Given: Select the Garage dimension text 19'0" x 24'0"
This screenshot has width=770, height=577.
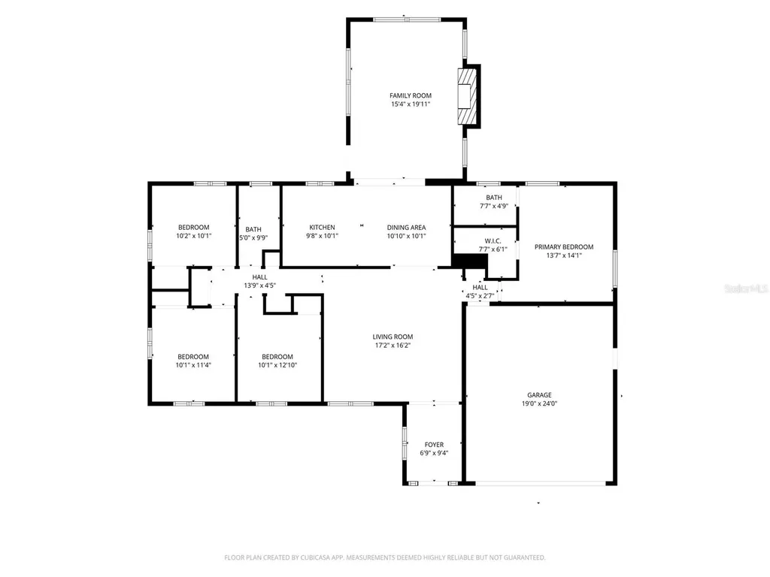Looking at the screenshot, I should point(539,403).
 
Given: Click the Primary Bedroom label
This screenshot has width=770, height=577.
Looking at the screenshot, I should point(563,246).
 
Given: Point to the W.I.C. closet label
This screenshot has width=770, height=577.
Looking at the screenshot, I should point(493,240).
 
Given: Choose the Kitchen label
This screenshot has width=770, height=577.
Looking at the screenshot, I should point(322,227).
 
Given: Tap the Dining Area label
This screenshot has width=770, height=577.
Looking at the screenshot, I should point(406,227).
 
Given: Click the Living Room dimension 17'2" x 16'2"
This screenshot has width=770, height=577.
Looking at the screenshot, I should point(393,346).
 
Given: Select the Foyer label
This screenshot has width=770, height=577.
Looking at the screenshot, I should point(434,445).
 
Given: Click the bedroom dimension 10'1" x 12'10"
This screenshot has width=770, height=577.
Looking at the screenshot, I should point(277,366).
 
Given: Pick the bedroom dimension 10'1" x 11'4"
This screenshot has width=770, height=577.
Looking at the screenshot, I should point(193,366).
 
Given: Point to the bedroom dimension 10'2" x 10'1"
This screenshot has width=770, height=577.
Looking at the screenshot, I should point(193,236).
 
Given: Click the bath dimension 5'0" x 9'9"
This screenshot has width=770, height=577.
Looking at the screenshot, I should point(253,238).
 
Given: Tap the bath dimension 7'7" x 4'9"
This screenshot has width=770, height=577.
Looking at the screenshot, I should point(493,206).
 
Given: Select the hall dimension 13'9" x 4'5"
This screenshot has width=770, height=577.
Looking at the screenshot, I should point(259,286).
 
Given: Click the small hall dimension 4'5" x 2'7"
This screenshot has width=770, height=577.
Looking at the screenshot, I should point(480,296).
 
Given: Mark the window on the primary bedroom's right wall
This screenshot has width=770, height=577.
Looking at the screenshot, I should point(614,268).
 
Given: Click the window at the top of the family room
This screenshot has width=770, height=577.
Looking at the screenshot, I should point(407,20).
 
